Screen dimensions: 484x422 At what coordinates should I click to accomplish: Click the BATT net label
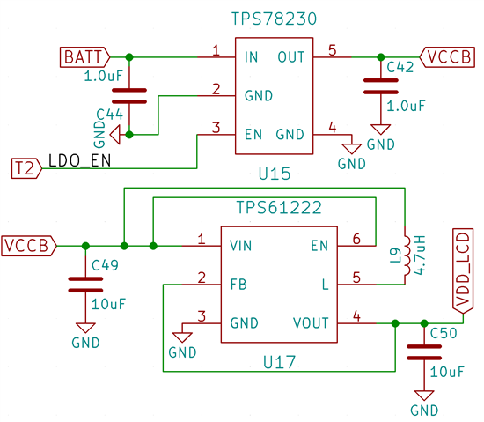(84, 57)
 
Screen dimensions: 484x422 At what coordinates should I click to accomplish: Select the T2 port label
(26, 168)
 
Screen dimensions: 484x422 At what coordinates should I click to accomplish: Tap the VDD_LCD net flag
(463, 271)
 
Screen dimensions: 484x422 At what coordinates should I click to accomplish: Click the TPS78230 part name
(274, 19)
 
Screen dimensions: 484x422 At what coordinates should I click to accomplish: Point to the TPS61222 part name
(279, 207)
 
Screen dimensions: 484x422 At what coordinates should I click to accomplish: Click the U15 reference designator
(275, 174)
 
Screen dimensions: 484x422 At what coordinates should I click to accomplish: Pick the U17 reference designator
(279, 362)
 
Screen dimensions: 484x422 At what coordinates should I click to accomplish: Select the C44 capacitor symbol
(129, 96)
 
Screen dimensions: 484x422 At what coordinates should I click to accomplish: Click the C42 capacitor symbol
(381, 86)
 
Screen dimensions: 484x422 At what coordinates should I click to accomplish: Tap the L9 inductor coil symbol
(407, 255)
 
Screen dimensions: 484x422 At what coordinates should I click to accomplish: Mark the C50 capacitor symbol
(424, 352)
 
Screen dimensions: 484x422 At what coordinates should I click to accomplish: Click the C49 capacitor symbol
(85, 285)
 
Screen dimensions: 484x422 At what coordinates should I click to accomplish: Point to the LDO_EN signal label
(79, 160)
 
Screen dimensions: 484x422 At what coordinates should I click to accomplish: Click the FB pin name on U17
(238, 285)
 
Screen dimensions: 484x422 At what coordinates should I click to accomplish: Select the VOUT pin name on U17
(311, 323)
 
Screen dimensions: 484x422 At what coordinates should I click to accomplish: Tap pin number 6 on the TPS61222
(356, 239)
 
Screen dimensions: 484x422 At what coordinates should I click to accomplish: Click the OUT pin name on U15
(291, 57)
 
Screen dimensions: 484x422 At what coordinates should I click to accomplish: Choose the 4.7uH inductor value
(420, 255)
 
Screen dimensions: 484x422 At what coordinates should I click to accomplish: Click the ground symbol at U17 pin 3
(182, 337)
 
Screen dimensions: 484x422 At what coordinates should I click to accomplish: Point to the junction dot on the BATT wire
(129, 57)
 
